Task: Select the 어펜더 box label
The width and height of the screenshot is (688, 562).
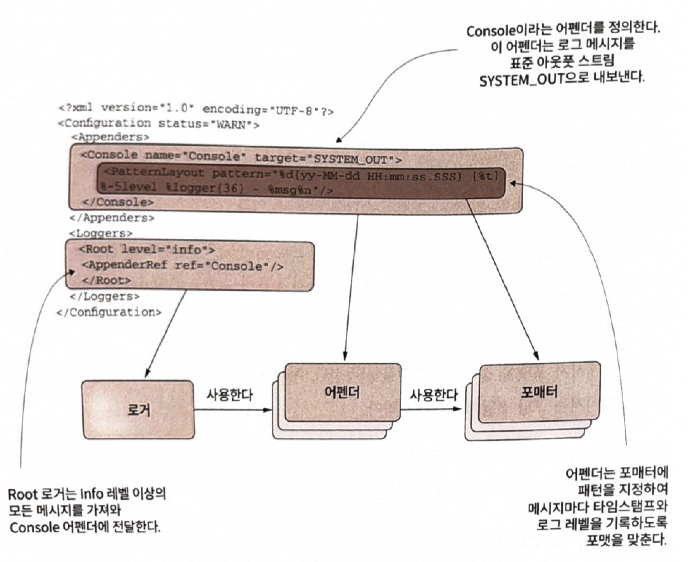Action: coord(342,392)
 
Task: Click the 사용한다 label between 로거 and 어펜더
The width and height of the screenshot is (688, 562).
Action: coord(229,395)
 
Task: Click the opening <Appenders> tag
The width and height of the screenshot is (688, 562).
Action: coord(110,137)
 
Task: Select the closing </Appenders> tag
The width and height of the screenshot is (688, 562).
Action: coord(112,218)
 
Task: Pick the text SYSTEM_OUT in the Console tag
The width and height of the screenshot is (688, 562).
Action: coord(350,159)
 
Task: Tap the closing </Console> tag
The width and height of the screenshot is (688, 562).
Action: coord(118,202)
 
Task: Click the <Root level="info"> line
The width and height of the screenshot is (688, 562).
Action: coord(147,249)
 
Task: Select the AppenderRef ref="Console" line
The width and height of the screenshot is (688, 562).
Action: coord(183,266)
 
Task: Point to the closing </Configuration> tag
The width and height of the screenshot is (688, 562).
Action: coord(109,312)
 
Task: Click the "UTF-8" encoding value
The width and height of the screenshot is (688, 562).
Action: coord(295,111)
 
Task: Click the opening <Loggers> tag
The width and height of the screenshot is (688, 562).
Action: coord(101,233)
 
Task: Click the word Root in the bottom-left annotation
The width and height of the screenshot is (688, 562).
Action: coord(22,495)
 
